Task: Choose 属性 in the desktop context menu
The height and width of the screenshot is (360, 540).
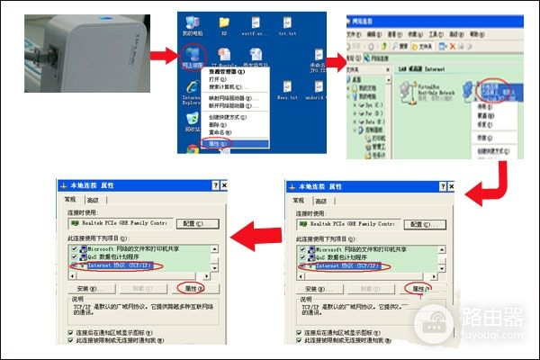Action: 217,142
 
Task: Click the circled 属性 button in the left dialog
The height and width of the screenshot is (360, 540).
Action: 191,288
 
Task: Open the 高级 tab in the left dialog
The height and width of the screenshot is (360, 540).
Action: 94,200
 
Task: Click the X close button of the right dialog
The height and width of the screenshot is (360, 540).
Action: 454,185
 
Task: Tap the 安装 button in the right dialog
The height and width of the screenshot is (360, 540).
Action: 310,288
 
